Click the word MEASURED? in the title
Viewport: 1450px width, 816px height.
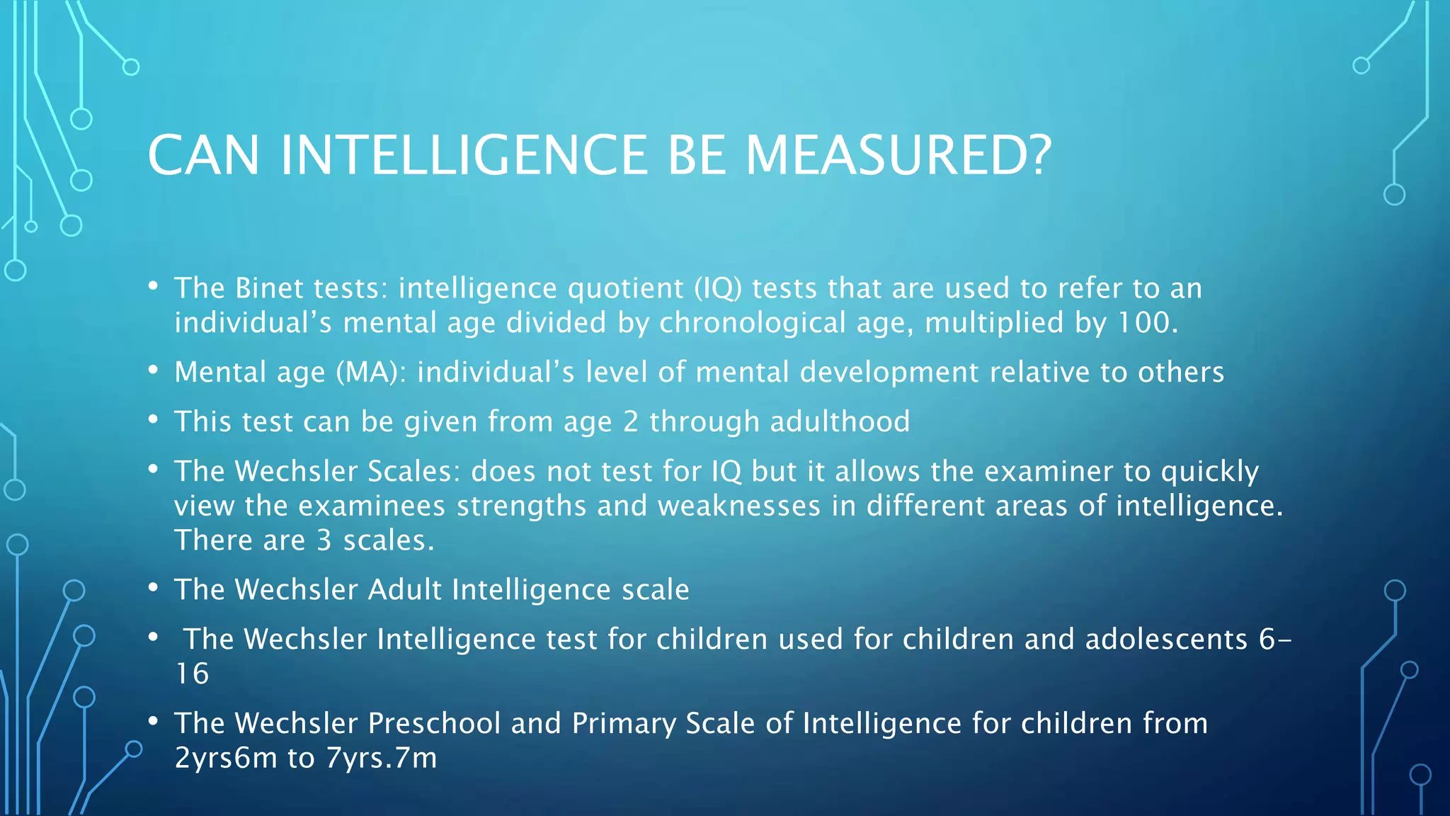click(898, 155)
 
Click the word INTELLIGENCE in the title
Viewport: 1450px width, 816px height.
click(464, 155)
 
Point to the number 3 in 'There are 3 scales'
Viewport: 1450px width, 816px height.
click(324, 540)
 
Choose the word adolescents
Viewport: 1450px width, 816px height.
click(1166, 639)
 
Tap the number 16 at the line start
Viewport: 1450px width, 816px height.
click(192, 674)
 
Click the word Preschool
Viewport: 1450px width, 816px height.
click(434, 723)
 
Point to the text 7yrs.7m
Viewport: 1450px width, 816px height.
click(381, 758)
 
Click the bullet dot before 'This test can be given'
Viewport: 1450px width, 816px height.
click(153, 419)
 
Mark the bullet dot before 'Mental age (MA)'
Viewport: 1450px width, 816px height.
click(153, 370)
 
